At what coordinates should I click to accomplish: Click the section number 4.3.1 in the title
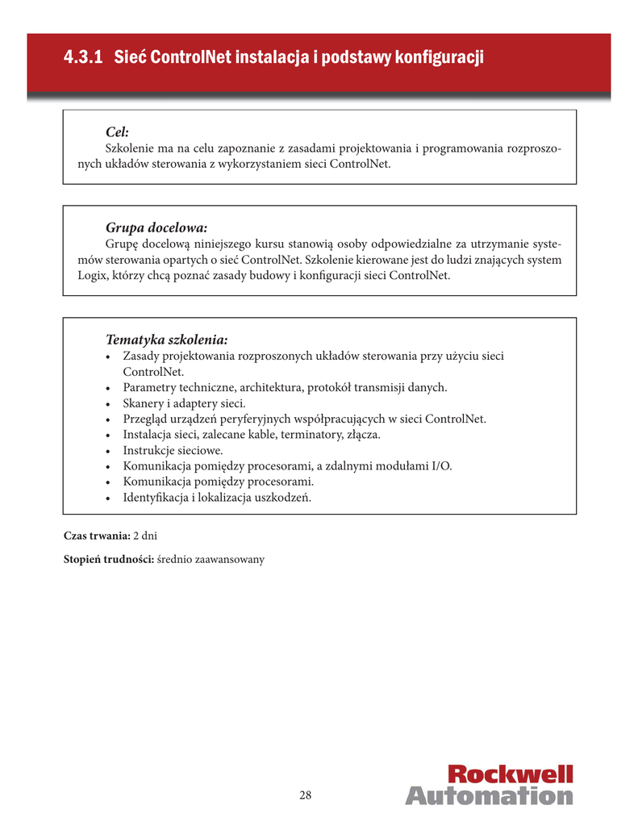pos(83,58)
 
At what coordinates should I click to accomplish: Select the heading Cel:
pos(118,131)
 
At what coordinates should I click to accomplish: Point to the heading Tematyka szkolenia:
pos(167,339)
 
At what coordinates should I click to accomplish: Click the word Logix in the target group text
pos(80,276)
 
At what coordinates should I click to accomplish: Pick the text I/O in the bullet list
pos(442,466)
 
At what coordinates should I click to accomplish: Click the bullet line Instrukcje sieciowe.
pos(173,450)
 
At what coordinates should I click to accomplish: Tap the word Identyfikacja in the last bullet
pos(156,498)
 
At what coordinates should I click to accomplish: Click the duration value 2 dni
pos(145,536)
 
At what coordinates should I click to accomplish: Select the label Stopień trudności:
pos(109,559)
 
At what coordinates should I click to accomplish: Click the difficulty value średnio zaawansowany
pos(211,559)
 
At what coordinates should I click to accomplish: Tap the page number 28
pos(306,795)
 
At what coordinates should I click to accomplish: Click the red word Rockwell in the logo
pos(510,774)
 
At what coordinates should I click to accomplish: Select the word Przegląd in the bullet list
pos(145,419)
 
